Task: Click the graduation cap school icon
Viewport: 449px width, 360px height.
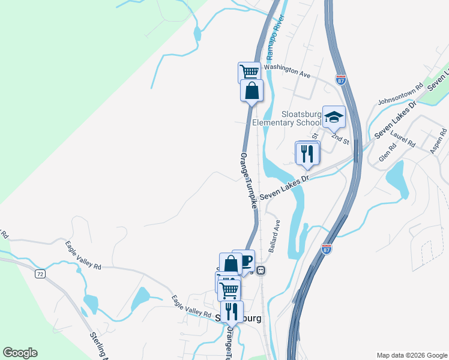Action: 334,117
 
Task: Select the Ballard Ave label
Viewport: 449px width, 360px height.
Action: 274,235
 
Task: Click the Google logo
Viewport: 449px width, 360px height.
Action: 20,353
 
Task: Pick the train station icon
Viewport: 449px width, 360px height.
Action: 261,270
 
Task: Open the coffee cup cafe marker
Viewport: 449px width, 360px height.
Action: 244,260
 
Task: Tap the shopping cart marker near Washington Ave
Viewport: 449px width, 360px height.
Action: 249,73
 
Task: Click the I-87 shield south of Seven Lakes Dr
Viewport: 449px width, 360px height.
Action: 327,247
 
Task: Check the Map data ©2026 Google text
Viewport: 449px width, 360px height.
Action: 411,355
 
